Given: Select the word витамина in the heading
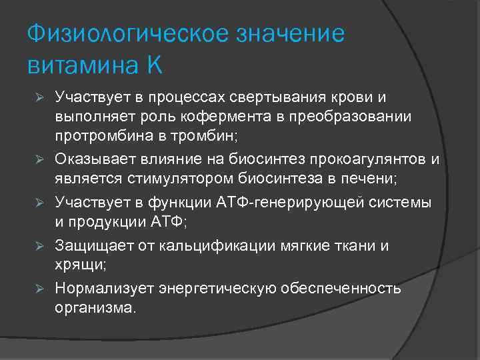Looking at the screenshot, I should pyautogui.click(x=80, y=65).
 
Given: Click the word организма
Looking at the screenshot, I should pyautogui.click(x=95, y=307).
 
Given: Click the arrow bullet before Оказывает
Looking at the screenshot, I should pyautogui.click(x=40, y=160).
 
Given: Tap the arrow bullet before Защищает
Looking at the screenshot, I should pyautogui.click(x=40, y=246).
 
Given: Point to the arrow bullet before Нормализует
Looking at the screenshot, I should pyautogui.click(x=40, y=289).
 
